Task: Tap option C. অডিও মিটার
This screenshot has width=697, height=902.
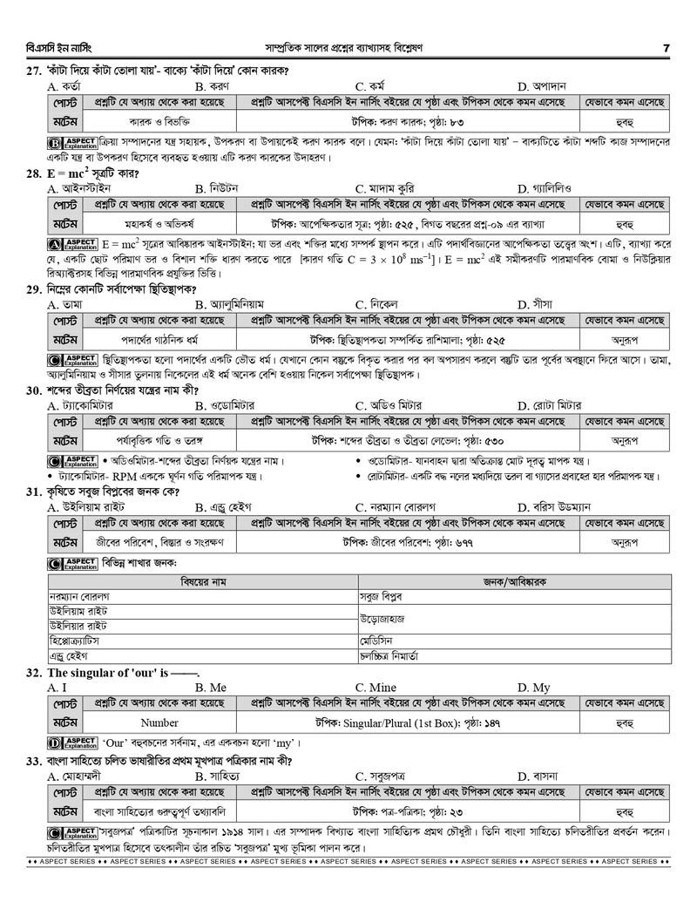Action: point(389,405)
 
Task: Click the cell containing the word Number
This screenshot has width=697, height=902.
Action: point(159,722)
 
